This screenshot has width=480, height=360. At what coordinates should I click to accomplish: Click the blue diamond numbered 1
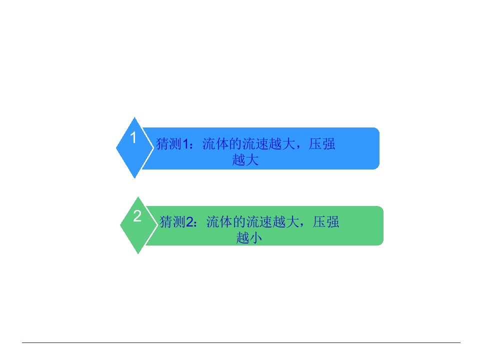[134, 147]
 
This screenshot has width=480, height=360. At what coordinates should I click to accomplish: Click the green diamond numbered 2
[138, 225]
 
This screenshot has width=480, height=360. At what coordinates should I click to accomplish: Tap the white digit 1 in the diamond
[133, 137]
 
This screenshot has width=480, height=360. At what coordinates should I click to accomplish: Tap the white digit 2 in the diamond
[137, 216]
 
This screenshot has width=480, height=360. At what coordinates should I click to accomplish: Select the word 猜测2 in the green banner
[176, 222]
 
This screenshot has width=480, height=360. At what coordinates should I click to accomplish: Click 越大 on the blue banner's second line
[245, 160]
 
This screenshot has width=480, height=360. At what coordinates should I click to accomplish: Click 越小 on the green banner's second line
[249, 238]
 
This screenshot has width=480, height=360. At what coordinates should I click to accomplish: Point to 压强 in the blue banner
[322, 144]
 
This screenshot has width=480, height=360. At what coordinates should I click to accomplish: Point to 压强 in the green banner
[325, 222]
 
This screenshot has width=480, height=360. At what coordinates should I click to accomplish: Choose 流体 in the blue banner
[215, 144]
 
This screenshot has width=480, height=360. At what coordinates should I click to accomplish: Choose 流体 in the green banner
[219, 222]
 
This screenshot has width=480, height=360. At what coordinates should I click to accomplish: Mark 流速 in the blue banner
[255, 144]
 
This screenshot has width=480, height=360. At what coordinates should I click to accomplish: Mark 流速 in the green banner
[259, 222]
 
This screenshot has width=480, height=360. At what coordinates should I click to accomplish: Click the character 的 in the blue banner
[235, 144]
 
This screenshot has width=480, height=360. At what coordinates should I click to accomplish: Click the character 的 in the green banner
[239, 222]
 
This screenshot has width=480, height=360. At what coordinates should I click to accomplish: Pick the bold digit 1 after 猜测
[185, 144]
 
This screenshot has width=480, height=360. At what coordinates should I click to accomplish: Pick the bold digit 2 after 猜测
[189, 222]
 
